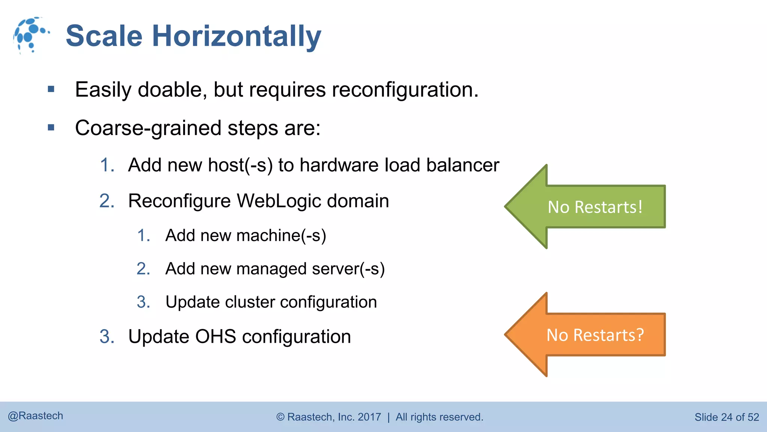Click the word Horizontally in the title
[x=236, y=36]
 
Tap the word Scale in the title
[x=104, y=36]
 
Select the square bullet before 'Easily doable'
[x=51, y=89]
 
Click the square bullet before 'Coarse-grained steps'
[x=51, y=128]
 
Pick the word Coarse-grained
[x=148, y=129]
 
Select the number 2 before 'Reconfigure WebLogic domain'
[x=107, y=201]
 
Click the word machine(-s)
[x=281, y=236]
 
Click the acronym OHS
[x=215, y=336]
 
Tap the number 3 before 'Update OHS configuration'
[x=107, y=337]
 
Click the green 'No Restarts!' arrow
[x=592, y=207]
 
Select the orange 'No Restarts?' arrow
[x=592, y=334]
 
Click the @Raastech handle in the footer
[x=36, y=416]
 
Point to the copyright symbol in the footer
[x=281, y=417]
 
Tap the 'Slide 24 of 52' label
[x=727, y=417]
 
